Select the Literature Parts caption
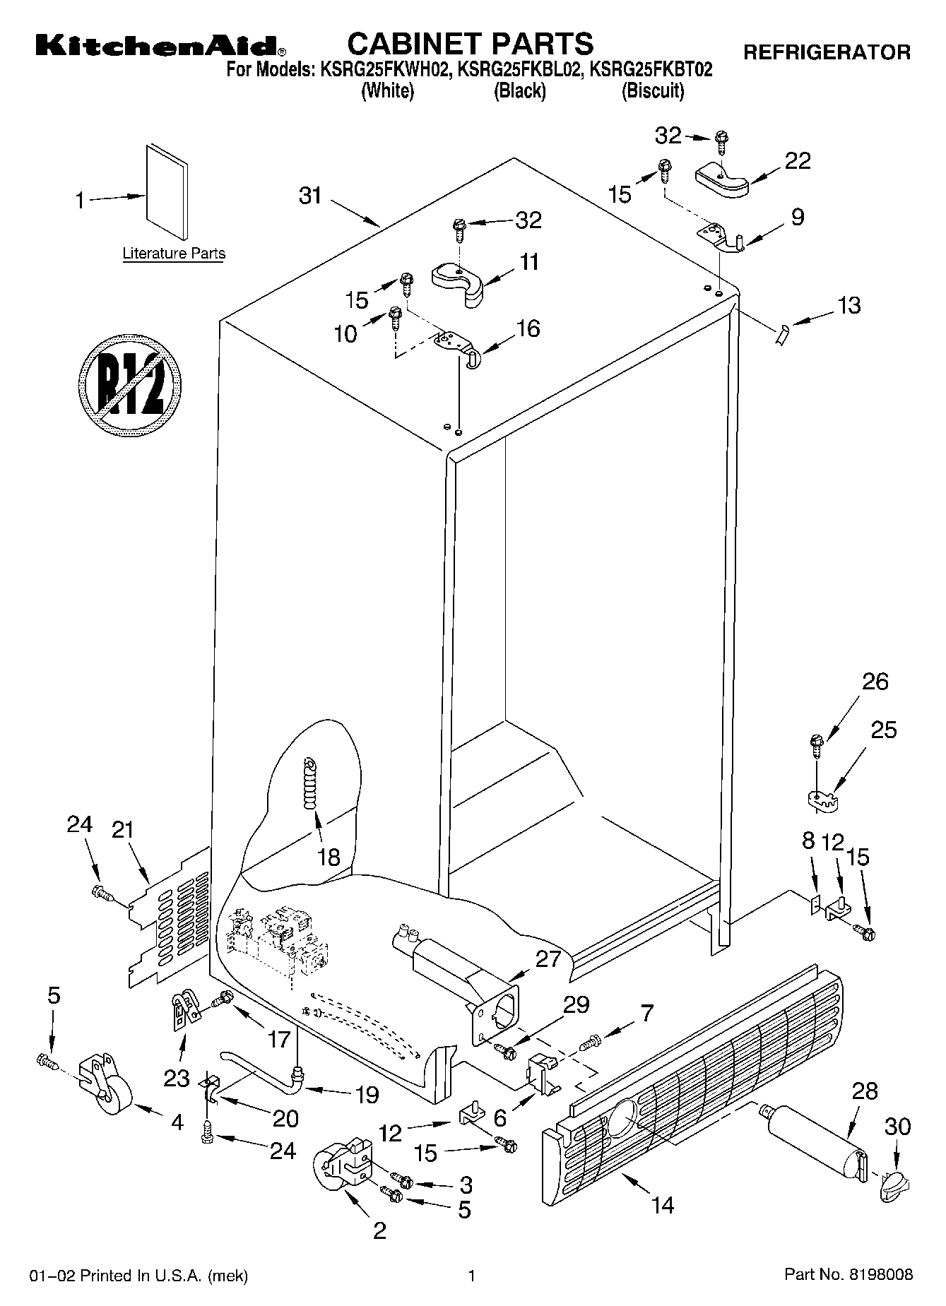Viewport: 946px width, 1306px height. click(x=174, y=254)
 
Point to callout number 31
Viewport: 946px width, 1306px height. click(x=310, y=196)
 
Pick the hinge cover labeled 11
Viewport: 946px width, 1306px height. click(x=457, y=284)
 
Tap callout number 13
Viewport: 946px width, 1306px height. click(x=849, y=306)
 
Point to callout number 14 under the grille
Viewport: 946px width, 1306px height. click(x=663, y=1206)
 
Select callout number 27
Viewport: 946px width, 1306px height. click(x=548, y=959)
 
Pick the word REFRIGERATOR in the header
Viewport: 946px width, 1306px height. click(x=827, y=52)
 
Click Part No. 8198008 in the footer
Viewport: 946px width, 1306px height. click(x=849, y=1274)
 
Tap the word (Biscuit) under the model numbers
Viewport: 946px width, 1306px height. click(x=653, y=91)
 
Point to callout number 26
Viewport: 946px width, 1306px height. click(x=875, y=682)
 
